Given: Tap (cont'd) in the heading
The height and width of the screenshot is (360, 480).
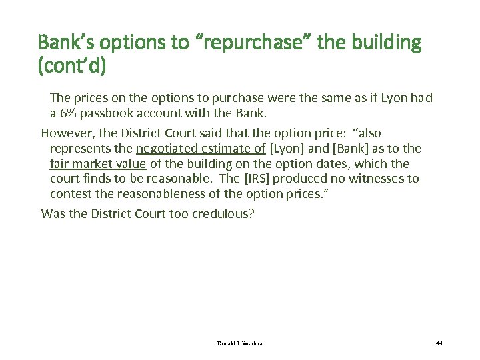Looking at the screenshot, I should (x=72, y=67).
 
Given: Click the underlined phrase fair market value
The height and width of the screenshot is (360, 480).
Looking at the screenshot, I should (x=98, y=163).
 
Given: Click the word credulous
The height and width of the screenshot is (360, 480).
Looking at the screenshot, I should (x=221, y=214).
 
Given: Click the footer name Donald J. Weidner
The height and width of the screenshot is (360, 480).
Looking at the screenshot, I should (x=241, y=343).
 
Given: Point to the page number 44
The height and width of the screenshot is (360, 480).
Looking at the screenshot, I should (x=439, y=343).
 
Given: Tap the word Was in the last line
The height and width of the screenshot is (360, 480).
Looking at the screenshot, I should (x=52, y=214).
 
